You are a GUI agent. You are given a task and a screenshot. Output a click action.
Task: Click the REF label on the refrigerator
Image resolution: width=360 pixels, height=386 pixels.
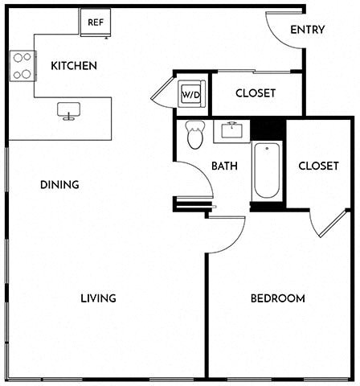96,23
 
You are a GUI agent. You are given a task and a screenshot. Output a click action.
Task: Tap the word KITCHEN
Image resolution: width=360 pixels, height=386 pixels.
74,66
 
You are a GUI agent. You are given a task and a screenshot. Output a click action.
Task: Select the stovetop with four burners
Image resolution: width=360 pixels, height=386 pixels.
22,66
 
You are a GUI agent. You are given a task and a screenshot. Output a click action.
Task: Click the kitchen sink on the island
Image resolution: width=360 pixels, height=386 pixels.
69,111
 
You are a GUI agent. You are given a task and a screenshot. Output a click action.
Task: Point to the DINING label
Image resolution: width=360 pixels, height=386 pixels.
59,185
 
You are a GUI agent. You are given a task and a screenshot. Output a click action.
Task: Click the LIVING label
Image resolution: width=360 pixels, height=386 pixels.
98,298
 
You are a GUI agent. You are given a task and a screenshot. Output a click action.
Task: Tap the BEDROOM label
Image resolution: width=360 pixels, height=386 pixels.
278,298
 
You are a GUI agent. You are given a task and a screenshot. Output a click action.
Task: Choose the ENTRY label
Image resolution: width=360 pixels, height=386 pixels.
308,30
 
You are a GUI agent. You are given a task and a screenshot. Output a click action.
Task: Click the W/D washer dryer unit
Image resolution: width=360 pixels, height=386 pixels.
191,94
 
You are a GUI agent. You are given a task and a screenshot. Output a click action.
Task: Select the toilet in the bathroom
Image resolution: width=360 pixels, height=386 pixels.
195,134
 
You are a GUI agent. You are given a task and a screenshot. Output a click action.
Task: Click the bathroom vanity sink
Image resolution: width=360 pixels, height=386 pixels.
231,129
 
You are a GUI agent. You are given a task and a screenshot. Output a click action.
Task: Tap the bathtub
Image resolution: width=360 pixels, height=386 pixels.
267,170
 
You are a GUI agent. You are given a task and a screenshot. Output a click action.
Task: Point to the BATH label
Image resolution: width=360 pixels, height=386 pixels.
224,166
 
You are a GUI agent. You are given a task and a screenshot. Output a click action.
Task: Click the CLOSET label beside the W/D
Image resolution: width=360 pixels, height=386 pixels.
256,93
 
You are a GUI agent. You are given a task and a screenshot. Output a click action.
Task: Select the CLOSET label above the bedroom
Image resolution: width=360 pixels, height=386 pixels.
318,166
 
